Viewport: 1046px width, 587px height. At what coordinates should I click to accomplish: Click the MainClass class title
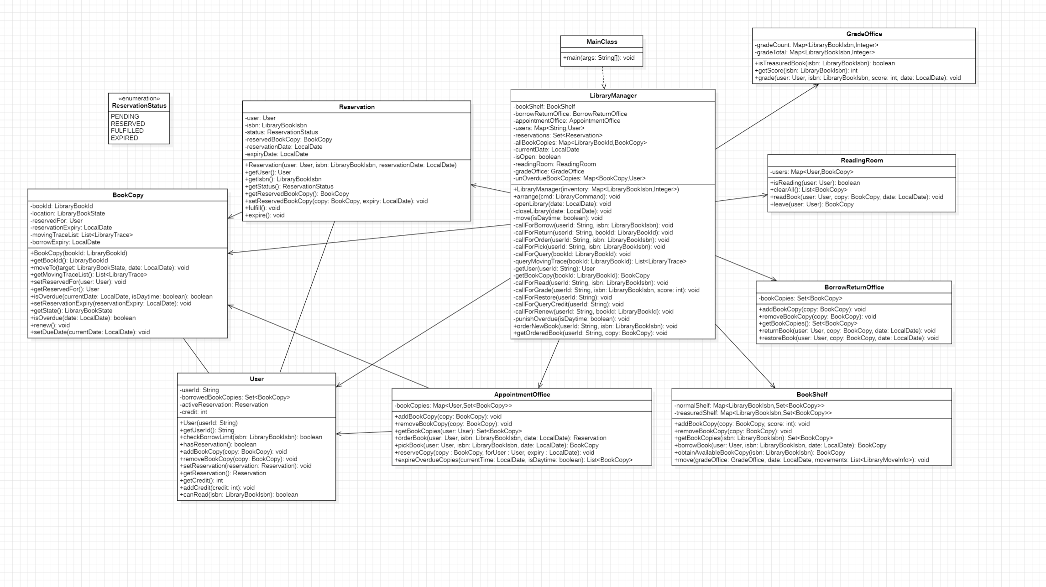point(601,42)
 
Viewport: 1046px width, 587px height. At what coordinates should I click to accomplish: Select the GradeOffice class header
point(864,34)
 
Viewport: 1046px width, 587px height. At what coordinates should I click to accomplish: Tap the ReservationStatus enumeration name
point(139,106)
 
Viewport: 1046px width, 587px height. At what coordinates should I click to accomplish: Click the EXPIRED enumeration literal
point(125,138)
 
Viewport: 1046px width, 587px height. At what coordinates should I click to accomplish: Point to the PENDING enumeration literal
point(125,117)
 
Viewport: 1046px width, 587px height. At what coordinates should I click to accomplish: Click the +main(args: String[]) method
point(599,58)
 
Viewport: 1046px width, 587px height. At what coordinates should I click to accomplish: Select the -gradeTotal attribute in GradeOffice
point(815,52)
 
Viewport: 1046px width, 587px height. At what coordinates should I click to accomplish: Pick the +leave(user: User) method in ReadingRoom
point(812,204)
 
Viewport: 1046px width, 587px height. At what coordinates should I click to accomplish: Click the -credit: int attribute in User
point(194,412)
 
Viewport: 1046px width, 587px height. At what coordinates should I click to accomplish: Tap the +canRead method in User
point(239,495)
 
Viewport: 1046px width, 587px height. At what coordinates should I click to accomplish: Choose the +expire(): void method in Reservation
point(265,215)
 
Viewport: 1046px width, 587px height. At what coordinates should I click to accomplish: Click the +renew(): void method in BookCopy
point(50,325)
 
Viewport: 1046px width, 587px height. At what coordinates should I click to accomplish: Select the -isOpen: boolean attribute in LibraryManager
point(537,157)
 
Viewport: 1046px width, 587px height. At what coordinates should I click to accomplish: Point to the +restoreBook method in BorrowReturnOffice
point(849,338)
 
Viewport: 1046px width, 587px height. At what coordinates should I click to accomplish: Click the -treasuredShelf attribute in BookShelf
point(753,413)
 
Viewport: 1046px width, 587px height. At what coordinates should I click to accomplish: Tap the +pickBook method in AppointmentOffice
point(497,446)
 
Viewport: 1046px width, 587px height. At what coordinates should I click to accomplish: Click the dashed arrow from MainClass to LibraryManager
point(603,78)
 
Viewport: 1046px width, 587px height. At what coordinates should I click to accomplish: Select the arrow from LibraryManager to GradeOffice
point(767,116)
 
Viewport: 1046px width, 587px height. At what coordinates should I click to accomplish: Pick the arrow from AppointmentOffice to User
point(364,433)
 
